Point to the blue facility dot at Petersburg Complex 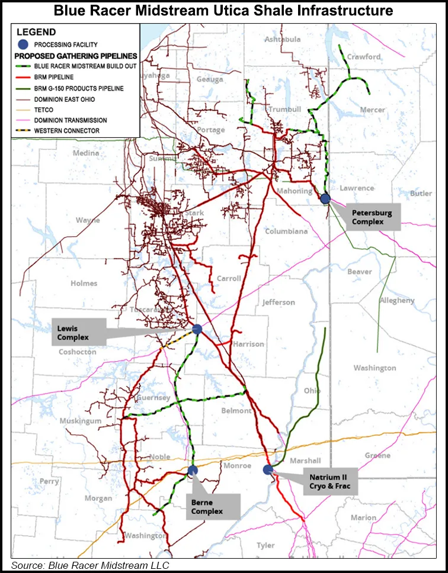click(x=325, y=199)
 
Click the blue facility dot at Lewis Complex click(x=197, y=329)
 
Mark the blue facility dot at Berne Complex click(x=192, y=471)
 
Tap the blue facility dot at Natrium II click(x=268, y=470)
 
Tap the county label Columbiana click(x=287, y=231)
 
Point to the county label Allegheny click(x=397, y=301)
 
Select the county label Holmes click(x=84, y=284)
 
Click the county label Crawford click(x=364, y=57)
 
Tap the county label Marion click(x=363, y=517)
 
